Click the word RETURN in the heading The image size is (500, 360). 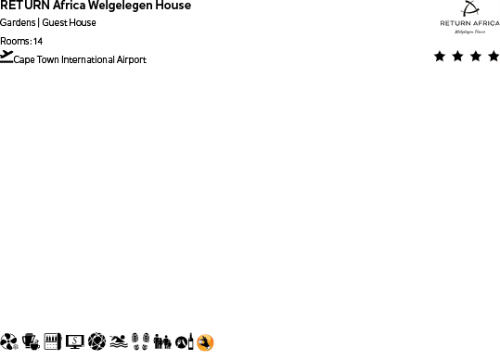click(18, 6)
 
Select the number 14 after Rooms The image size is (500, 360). click(38, 42)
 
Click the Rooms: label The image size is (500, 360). click(15, 42)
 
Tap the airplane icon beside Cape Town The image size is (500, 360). click(6, 58)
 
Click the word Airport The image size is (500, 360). click(132, 60)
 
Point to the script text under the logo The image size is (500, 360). click(469, 31)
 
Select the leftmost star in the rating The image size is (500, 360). click(439, 57)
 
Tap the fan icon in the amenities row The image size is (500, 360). click(9, 342)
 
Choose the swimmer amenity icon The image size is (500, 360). click(118, 342)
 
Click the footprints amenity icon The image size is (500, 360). click(140, 342)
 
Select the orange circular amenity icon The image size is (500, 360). click(206, 342)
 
